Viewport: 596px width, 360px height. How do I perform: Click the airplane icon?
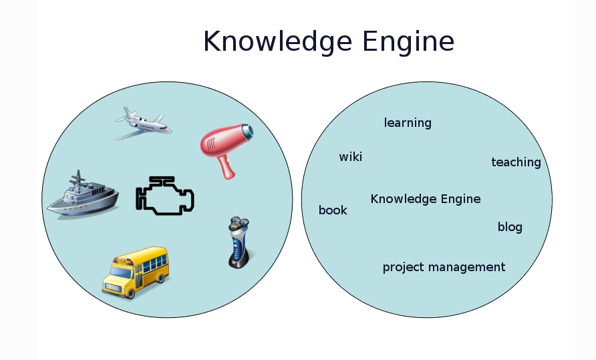point(143,124)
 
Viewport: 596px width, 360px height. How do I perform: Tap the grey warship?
point(83,196)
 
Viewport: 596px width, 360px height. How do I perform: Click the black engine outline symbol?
point(165,196)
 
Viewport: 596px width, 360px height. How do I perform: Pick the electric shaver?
point(239,242)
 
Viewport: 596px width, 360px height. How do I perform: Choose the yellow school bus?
point(136,273)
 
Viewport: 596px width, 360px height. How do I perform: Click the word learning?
point(408,123)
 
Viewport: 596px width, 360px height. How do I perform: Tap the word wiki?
point(351,156)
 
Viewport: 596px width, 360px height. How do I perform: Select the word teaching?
point(516,162)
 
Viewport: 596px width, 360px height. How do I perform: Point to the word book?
point(333,210)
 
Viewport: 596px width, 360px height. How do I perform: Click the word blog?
point(510,226)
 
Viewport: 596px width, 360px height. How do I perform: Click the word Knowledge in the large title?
point(277,42)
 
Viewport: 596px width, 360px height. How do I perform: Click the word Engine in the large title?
point(408,42)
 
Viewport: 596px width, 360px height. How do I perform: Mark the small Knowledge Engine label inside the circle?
point(426,199)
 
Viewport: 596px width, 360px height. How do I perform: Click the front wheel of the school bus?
point(130,293)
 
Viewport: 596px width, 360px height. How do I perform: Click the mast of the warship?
point(79,180)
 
